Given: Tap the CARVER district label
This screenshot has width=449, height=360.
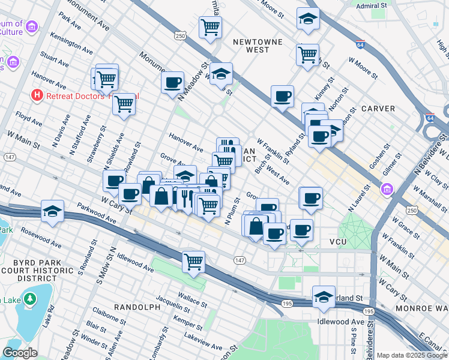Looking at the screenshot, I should tap(378, 109).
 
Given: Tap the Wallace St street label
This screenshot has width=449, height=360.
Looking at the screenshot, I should tap(192, 296).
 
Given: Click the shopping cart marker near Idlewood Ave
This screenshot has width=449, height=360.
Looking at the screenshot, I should tap(194, 261).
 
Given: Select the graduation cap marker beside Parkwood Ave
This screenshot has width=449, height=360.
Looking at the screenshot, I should tap(53, 211).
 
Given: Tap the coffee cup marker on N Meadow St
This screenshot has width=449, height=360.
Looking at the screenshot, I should tap(172, 82).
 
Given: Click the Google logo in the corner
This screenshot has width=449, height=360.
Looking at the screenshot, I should tap(20, 353).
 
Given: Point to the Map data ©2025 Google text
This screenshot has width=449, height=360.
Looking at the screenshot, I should tap(411, 355).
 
